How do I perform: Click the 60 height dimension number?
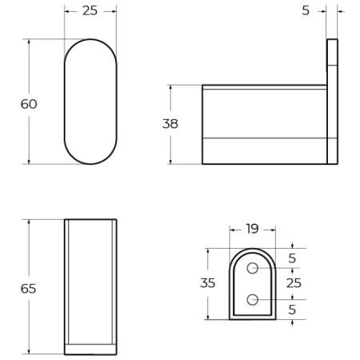[29, 104]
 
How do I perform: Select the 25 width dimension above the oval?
[90, 11]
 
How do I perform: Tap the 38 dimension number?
[170, 124]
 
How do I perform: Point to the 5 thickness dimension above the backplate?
[305, 11]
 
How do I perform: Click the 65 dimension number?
[29, 288]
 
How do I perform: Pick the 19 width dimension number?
[252, 229]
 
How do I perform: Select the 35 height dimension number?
[208, 282]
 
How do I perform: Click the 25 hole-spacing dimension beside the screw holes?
[294, 283]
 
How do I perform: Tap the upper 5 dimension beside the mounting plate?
[293, 258]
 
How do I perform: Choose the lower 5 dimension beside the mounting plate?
[293, 309]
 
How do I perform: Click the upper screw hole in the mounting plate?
[253, 268]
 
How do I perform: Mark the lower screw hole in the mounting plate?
[253, 300]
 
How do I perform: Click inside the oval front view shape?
[90, 102]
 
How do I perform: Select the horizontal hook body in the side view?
[264, 124]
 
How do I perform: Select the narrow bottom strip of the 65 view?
[90, 349]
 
